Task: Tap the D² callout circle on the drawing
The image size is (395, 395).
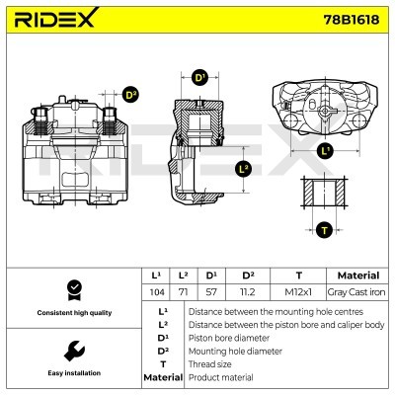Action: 130,95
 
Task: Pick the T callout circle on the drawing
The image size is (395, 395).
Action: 323,231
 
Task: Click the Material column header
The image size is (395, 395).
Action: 357,276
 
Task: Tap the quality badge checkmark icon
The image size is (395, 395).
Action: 72,288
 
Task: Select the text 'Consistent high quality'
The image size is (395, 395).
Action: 72,313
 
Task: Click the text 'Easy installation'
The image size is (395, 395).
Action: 72,373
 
